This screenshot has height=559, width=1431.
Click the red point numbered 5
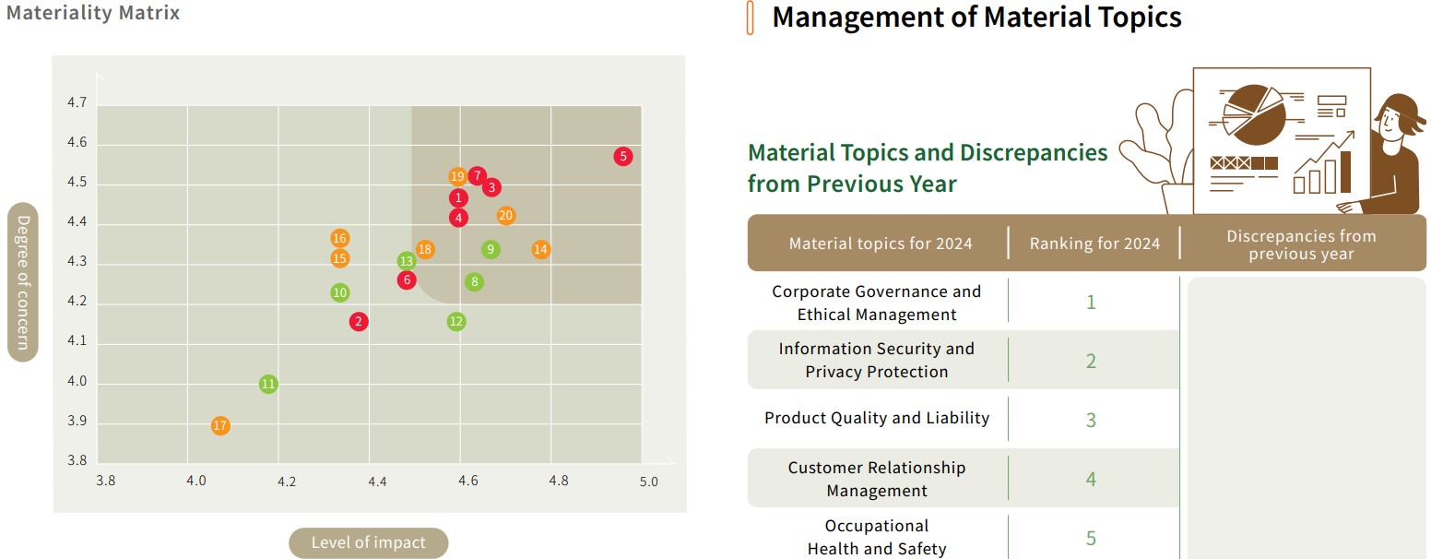[x=623, y=157]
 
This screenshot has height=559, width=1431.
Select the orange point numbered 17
[x=219, y=426]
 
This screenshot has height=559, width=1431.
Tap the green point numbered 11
[x=268, y=384]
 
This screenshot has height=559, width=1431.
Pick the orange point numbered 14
[x=541, y=249]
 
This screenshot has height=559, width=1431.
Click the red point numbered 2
[x=359, y=321]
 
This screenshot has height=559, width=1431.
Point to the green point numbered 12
[x=456, y=321]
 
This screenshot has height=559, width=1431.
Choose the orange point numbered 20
[x=505, y=216]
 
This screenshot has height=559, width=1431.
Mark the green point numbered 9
[x=491, y=249]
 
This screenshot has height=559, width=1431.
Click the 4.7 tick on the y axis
[x=77, y=103]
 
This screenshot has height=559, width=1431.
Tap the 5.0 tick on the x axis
[x=648, y=482]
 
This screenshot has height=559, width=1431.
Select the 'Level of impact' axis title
[x=368, y=542]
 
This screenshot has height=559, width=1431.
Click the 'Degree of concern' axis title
[x=23, y=282]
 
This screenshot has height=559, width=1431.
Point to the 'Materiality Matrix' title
[x=93, y=13]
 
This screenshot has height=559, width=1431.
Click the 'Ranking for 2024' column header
[x=1094, y=244]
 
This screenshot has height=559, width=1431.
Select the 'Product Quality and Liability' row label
[x=877, y=418]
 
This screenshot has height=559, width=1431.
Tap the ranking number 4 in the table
[x=1091, y=479]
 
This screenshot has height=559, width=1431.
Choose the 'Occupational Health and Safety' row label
[x=877, y=537]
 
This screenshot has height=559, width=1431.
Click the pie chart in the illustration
[x=1254, y=115]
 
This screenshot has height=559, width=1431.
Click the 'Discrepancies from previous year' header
[x=1301, y=244]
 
